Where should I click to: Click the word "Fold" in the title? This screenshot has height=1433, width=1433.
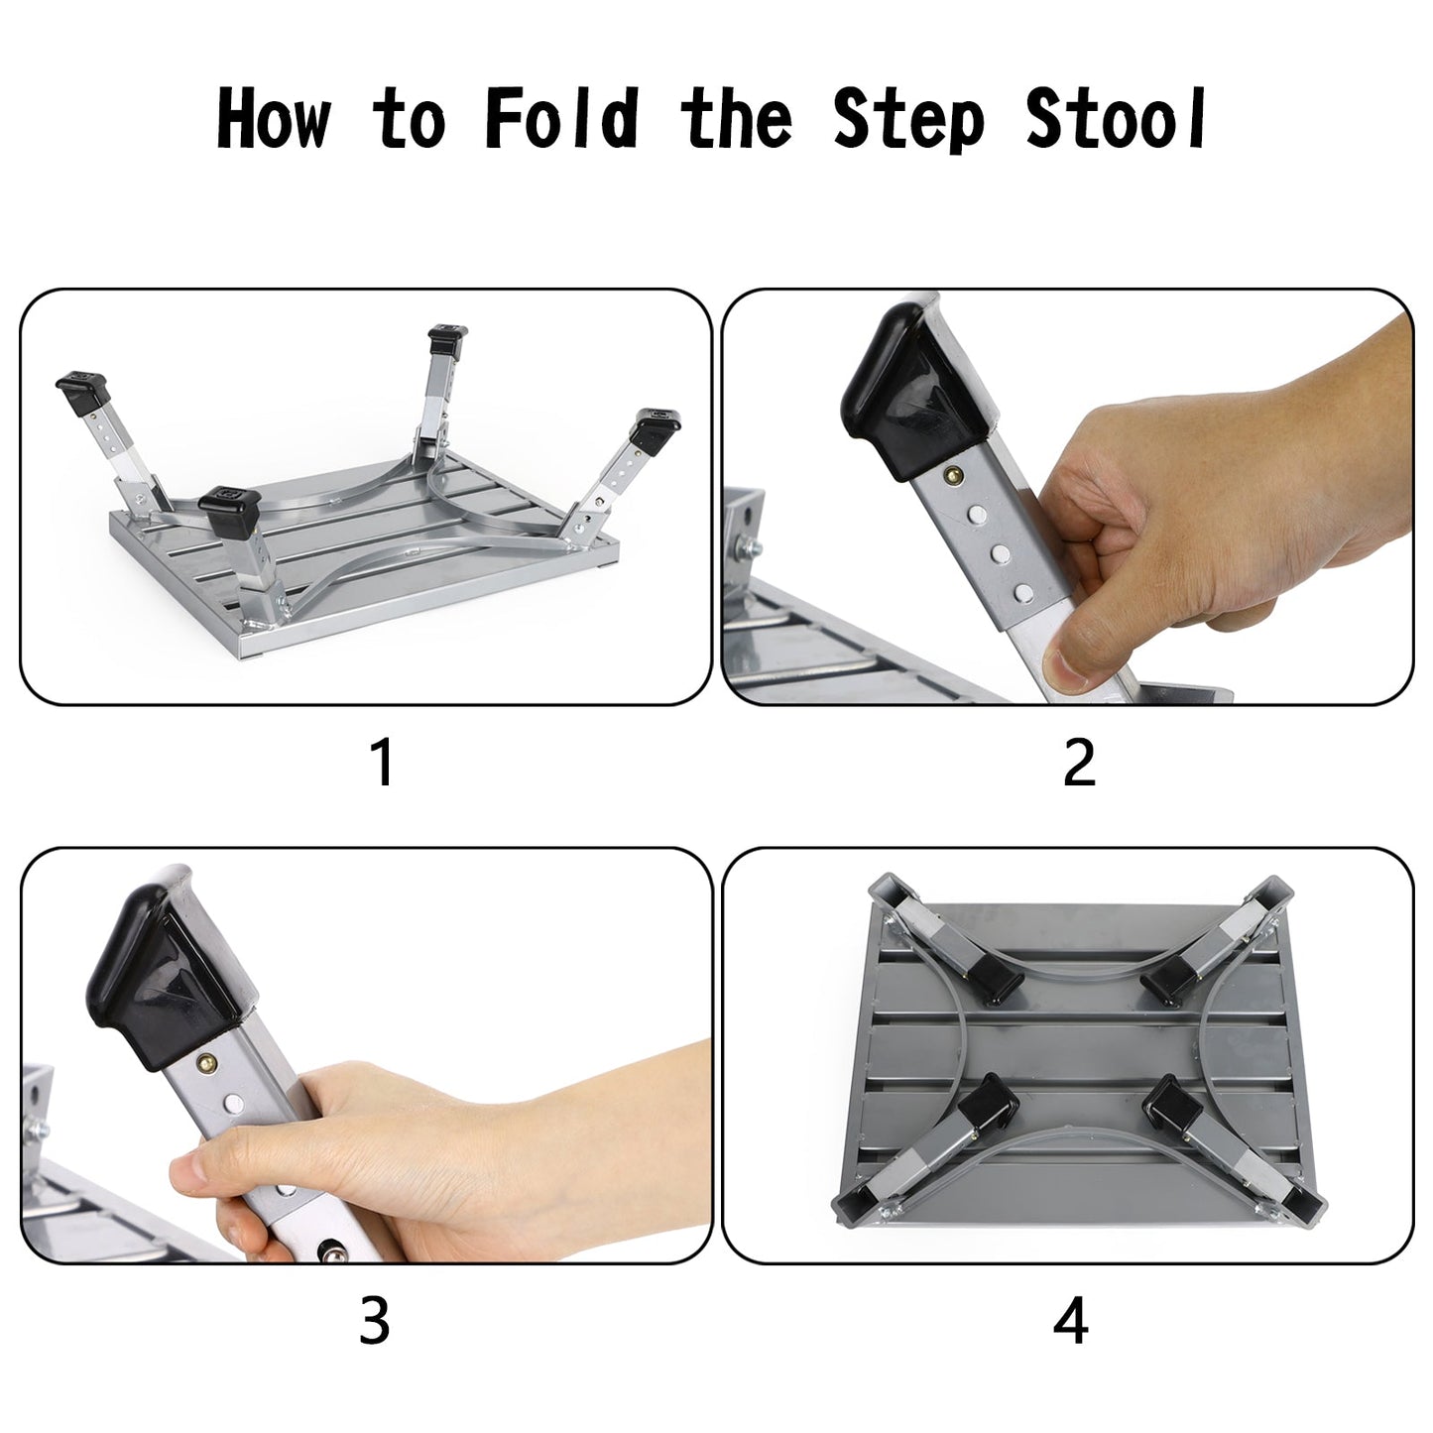(561, 119)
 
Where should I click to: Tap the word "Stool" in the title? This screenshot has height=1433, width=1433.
(1116, 119)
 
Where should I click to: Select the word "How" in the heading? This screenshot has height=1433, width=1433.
(274, 119)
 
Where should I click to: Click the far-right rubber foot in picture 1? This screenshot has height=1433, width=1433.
(655, 424)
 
